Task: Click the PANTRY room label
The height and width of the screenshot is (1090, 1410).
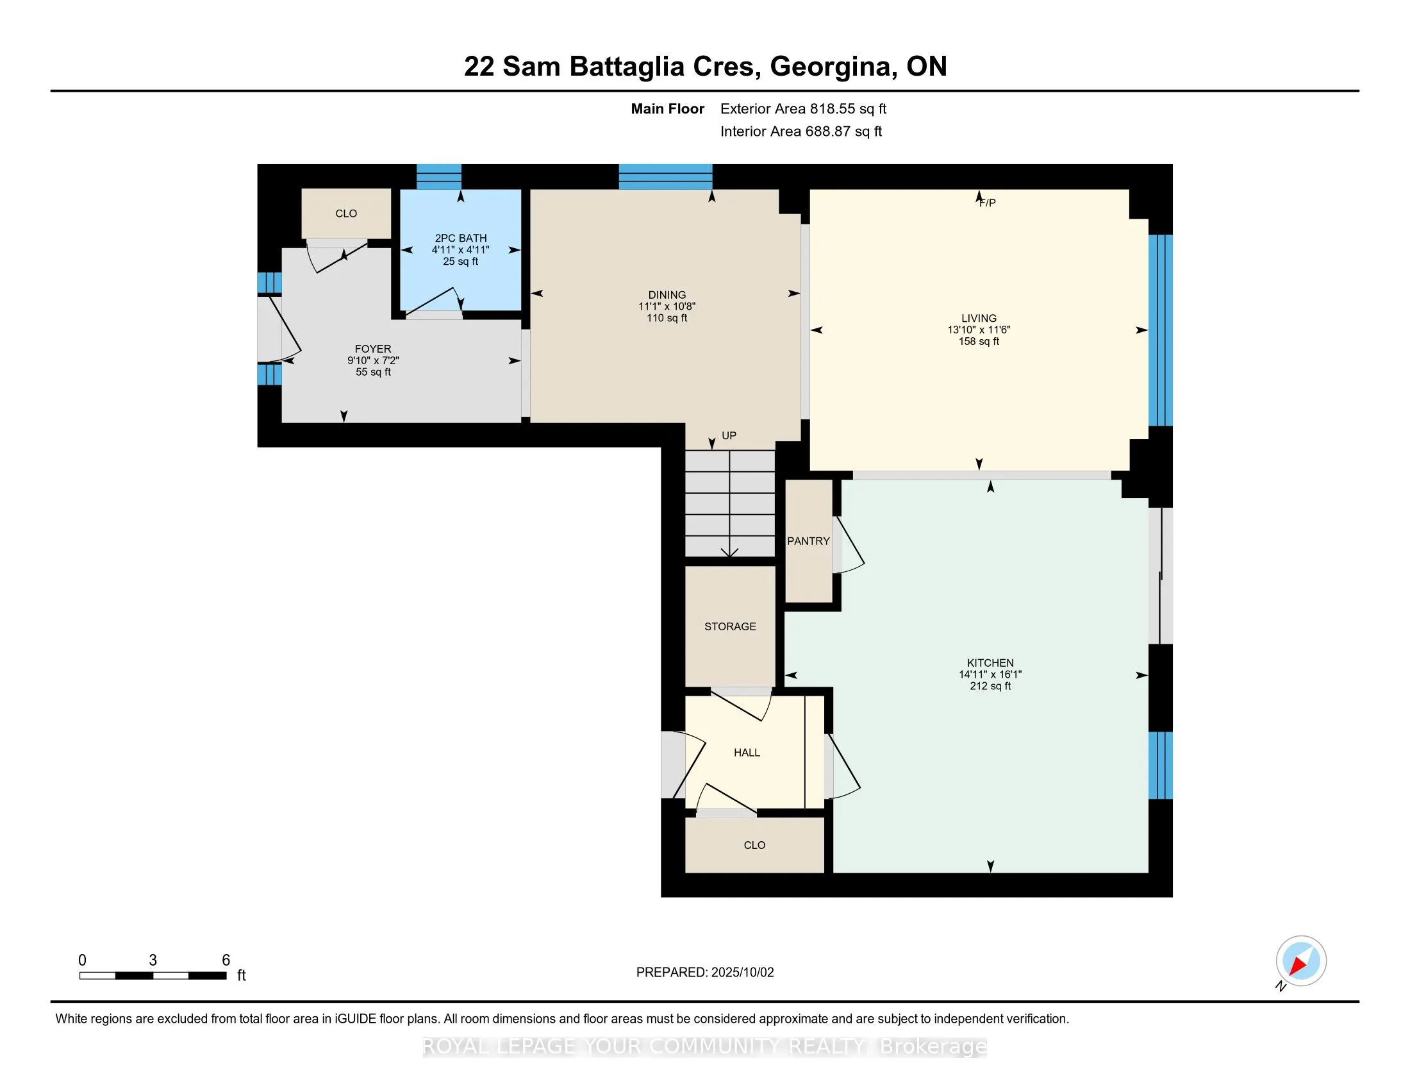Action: point(808,541)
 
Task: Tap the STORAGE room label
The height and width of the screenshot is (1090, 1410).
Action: point(730,626)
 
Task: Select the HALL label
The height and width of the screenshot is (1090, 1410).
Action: point(747,752)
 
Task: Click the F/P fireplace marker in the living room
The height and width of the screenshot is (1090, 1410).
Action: point(988,203)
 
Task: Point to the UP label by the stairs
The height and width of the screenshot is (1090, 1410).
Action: point(729,435)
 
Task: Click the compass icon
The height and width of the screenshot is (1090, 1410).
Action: point(1301,961)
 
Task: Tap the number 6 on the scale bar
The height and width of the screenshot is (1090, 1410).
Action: point(226,960)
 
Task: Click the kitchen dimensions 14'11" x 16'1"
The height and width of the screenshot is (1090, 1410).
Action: point(990,674)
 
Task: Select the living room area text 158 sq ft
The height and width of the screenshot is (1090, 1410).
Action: point(979,341)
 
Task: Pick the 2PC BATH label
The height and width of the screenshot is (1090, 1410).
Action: point(461,239)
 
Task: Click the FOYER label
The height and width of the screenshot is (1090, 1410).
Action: point(373,349)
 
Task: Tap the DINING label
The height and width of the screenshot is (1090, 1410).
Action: point(668,294)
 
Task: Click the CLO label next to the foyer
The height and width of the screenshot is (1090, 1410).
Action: point(346,214)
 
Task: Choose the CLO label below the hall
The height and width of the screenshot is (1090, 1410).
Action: point(755,845)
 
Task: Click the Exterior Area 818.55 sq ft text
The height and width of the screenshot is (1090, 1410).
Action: point(804,109)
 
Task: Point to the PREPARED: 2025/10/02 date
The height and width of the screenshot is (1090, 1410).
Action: point(705,973)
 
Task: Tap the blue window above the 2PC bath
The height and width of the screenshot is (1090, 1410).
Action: point(439,177)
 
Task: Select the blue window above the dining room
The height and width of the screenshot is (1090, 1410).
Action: point(666,177)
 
